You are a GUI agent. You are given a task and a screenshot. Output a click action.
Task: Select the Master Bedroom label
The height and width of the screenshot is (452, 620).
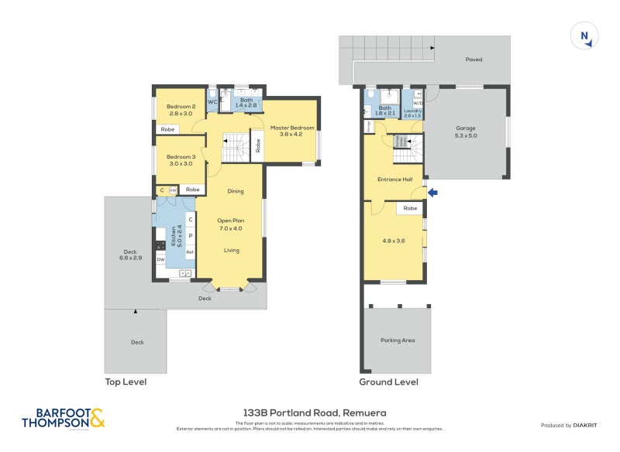[x=292, y=131]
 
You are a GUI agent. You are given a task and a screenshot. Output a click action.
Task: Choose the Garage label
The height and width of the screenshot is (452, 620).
[x=466, y=132]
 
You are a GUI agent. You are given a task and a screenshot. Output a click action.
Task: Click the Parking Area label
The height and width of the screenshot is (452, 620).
[x=397, y=340]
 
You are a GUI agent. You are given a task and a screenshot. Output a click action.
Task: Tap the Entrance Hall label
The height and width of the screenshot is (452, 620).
[x=395, y=180]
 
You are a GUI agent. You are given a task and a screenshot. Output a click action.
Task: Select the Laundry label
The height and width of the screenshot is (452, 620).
[x=412, y=113]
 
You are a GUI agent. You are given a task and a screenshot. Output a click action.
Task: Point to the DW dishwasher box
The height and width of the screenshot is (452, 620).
[x=160, y=259]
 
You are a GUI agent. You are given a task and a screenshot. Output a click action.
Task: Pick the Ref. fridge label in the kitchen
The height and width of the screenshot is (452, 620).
[x=190, y=252]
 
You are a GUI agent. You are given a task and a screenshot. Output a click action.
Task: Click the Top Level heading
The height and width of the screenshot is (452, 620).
[x=126, y=382]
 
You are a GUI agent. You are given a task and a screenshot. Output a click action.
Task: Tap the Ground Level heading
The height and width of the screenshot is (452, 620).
[x=388, y=382]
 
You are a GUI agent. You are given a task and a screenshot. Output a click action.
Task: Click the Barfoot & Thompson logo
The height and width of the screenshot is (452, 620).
[x=64, y=418]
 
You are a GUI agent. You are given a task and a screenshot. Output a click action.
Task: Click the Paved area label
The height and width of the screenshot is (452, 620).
[x=474, y=59]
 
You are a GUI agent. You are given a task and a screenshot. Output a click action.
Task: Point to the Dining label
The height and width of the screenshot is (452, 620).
[x=235, y=191]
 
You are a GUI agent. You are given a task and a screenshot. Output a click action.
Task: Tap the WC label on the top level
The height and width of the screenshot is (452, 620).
[x=212, y=101]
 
